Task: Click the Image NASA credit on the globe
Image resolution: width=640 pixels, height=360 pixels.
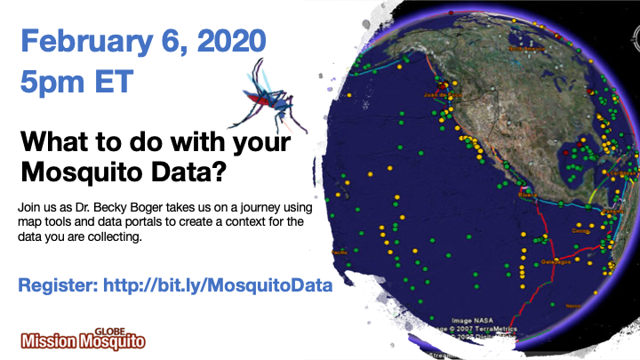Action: pos(472,320)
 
